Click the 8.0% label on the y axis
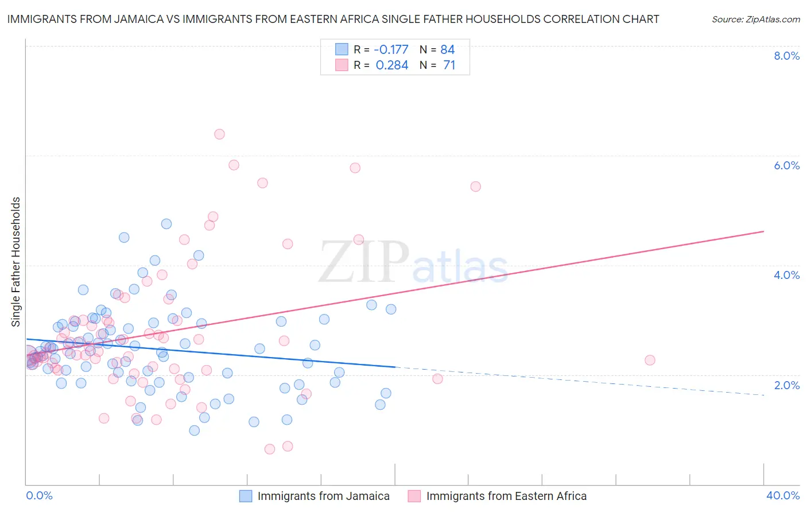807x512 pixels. tap(786, 56)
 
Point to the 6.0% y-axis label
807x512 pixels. tap(786, 165)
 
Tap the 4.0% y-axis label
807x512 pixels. tap(786, 275)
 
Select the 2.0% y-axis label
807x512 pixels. tap(786, 385)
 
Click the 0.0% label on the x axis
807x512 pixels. tap(39, 495)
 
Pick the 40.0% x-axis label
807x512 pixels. tap(782, 495)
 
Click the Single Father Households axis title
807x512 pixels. tap(16, 262)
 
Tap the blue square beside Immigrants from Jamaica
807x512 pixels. tap(246, 496)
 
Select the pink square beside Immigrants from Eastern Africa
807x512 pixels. tap(414, 496)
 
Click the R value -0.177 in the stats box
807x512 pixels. tap(391, 50)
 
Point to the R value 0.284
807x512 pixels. tap(392, 65)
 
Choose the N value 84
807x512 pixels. tap(448, 50)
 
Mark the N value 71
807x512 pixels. tap(449, 65)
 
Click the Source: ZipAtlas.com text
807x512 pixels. tap(755, 20)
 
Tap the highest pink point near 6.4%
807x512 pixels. tap(219, 134)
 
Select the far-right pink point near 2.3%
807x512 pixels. tap(650, 360)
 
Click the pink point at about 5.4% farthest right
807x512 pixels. tap(475, 187)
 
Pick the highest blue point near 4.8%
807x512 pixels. tap(166, 224)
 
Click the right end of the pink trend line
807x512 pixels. tap(763, 231)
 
